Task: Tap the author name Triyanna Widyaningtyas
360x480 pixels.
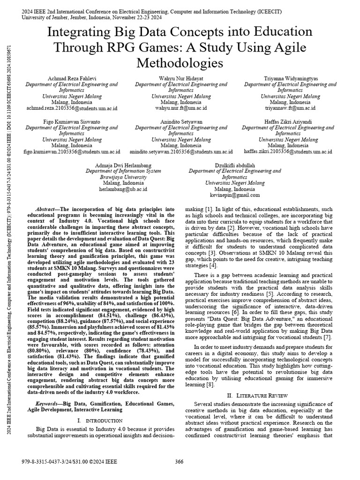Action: click(290, 78)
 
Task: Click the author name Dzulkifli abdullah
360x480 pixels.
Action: click(234, 165)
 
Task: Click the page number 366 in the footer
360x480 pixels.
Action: click(179, 462)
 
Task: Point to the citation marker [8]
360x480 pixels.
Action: click(210, 385)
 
